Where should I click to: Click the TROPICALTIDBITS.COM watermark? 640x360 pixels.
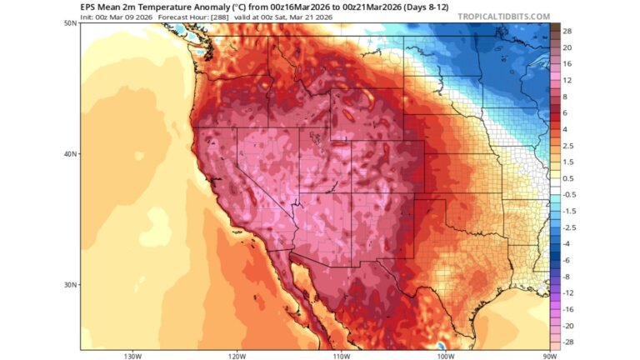point(503,16)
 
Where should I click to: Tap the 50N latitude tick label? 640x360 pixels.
point(71,23)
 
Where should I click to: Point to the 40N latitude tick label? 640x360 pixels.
point(71,153)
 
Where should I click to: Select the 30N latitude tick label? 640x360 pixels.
point(71,284)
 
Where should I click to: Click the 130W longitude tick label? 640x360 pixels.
point(131,356)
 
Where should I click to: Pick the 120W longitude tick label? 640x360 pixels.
point(236,356)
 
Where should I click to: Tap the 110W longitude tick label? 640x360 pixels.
point(340,356)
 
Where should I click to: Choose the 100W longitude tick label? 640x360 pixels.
point(444,356)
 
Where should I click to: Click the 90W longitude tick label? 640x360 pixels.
point(547,356)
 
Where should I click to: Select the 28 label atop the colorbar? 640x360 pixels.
point(567,31)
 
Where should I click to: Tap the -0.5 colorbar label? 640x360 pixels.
point(569,194)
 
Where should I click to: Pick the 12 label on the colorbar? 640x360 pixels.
point(567,80)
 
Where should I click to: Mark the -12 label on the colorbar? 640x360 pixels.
point(568,292)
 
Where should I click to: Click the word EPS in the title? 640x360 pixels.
point(88,6)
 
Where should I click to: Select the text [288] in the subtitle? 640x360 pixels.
point(219,16)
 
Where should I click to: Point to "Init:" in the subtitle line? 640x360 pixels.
point(88,16)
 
